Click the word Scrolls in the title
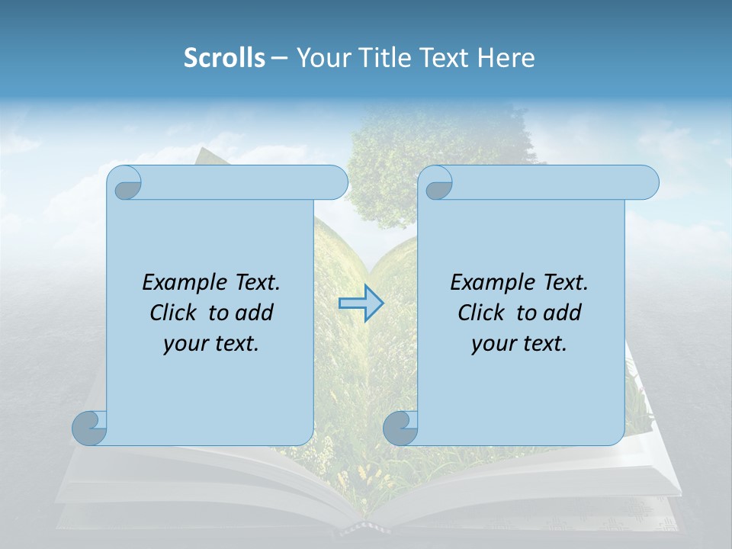click(224, 58)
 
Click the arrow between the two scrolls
click(361, 303)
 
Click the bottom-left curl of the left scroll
click(90, 428)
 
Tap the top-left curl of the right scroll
click(437, 183)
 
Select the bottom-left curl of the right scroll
click(400, 428)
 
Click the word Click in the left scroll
click(172, 313)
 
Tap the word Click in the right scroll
click(480, 313)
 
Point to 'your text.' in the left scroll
click(211, 343)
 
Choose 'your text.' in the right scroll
click(519, 343)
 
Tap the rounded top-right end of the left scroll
click(335, 183)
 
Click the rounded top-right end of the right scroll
click(647, 183)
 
